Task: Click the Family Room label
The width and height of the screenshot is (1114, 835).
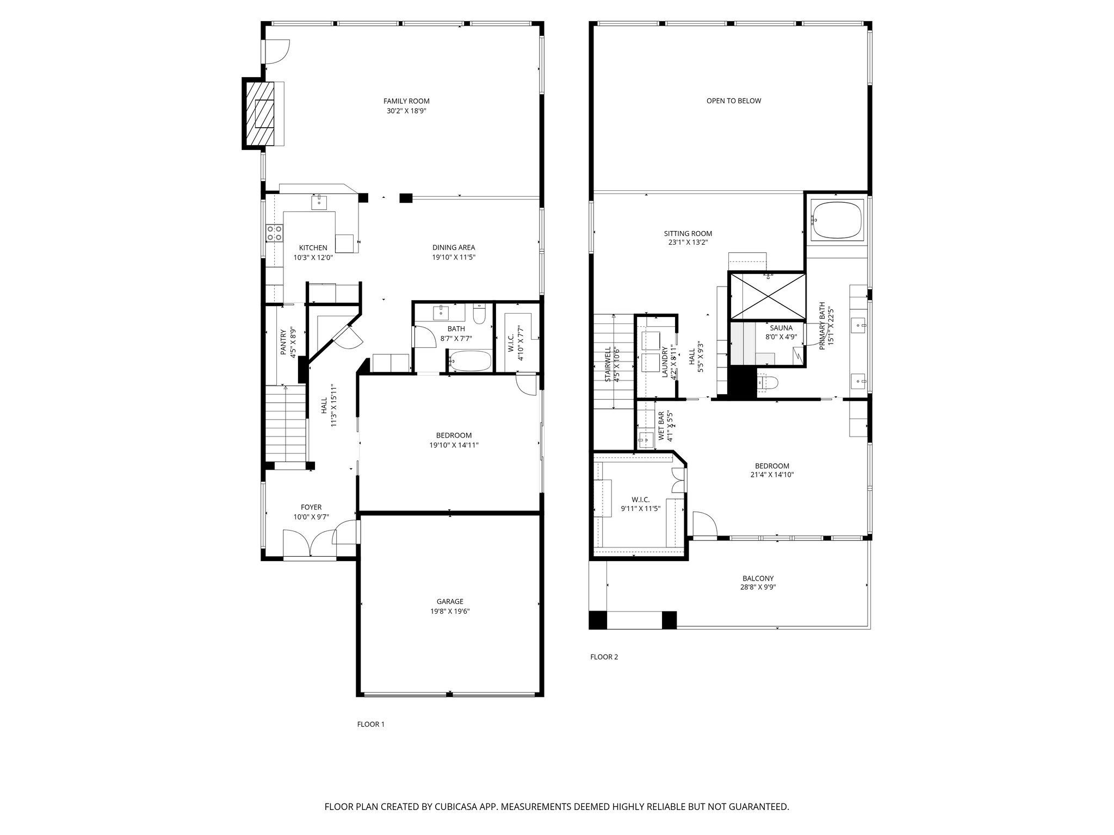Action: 406,101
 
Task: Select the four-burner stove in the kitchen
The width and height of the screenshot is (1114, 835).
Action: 274,233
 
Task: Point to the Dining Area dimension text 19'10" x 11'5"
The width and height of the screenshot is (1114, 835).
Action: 454,258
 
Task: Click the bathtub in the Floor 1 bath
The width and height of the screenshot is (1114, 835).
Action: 471,360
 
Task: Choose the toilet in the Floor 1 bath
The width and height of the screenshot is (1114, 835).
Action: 479,314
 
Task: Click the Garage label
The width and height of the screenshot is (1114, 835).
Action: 450,601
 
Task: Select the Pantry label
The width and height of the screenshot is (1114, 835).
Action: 283,342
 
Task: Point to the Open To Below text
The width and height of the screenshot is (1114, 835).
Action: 733,101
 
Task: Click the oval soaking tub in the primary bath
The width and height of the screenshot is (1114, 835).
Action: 837,220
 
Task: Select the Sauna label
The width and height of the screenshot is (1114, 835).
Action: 781,328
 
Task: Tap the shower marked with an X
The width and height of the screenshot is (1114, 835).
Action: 767,296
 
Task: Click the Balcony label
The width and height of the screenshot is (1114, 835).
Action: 758,578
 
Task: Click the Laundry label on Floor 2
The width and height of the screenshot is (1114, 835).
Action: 665,362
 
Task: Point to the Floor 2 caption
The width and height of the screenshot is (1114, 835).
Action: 604,657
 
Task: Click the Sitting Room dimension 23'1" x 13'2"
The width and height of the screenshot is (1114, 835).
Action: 688,243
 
